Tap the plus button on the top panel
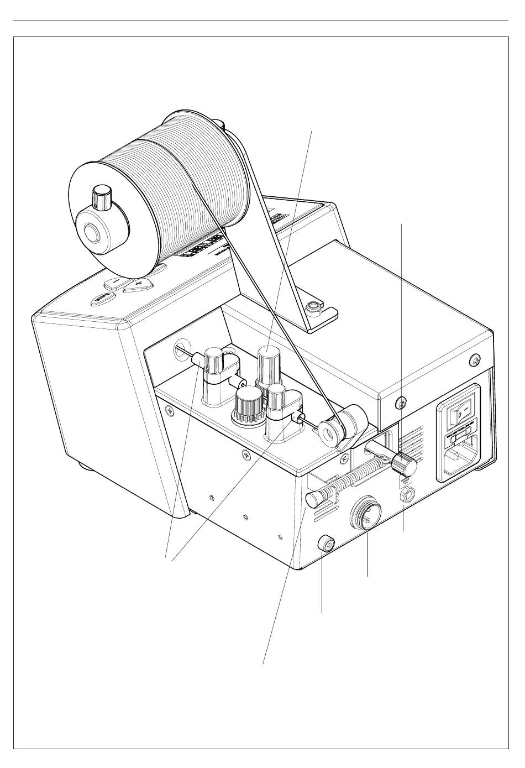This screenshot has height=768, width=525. click(x=137, y=285)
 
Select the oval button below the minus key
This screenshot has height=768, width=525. click(x=103, y=299)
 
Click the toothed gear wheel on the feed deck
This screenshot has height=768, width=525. click(x=248, y=406)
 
